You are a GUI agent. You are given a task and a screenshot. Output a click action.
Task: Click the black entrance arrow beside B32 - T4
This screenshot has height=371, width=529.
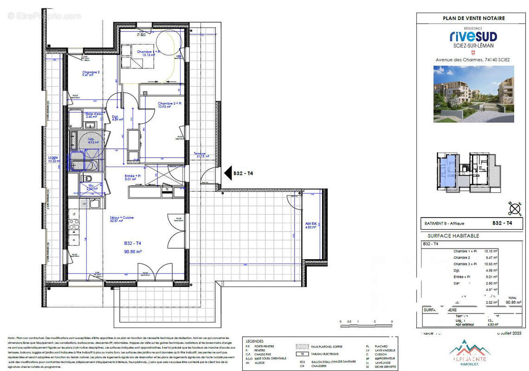[228, 173]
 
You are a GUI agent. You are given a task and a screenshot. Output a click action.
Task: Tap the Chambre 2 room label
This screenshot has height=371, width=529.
[91, 72]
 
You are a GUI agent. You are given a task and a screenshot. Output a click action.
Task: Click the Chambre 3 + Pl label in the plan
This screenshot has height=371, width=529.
[169, 103]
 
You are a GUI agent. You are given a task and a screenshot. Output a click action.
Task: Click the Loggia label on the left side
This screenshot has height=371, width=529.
[53, 158]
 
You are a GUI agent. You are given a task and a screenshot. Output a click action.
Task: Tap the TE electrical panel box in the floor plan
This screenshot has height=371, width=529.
[166, 189]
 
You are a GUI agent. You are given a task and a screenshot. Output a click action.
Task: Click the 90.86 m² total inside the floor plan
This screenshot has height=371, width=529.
[132, 251]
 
